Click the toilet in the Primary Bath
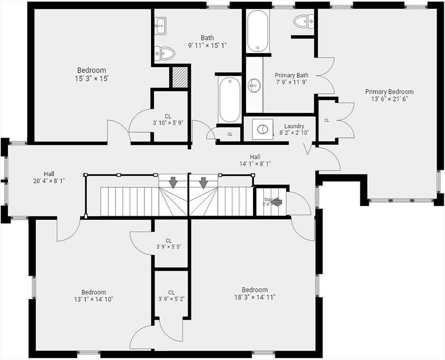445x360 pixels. tap(303, 21)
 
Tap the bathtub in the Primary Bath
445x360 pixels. tap(258, 31)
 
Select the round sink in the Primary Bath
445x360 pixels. tap(254, 85)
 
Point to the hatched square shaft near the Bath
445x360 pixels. tap(180, 77)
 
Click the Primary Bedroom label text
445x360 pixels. tap(389, 91)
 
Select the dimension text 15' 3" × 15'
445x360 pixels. tap(91, 78)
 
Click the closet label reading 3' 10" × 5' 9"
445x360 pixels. tap(168, 123)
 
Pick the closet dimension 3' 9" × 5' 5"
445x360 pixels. tap(169, 247)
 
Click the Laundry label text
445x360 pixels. tap(294, 126)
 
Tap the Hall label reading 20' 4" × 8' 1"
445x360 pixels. tap(49, 180)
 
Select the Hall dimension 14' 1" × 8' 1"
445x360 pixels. tap(255, 164)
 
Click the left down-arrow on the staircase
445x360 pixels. tap(173, 182)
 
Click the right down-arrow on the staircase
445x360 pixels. tap(203, 182)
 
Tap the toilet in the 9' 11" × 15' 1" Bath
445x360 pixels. tap(164, 53)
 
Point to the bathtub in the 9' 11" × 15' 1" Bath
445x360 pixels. tap(230, 99)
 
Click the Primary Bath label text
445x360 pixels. tap(291, 75)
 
